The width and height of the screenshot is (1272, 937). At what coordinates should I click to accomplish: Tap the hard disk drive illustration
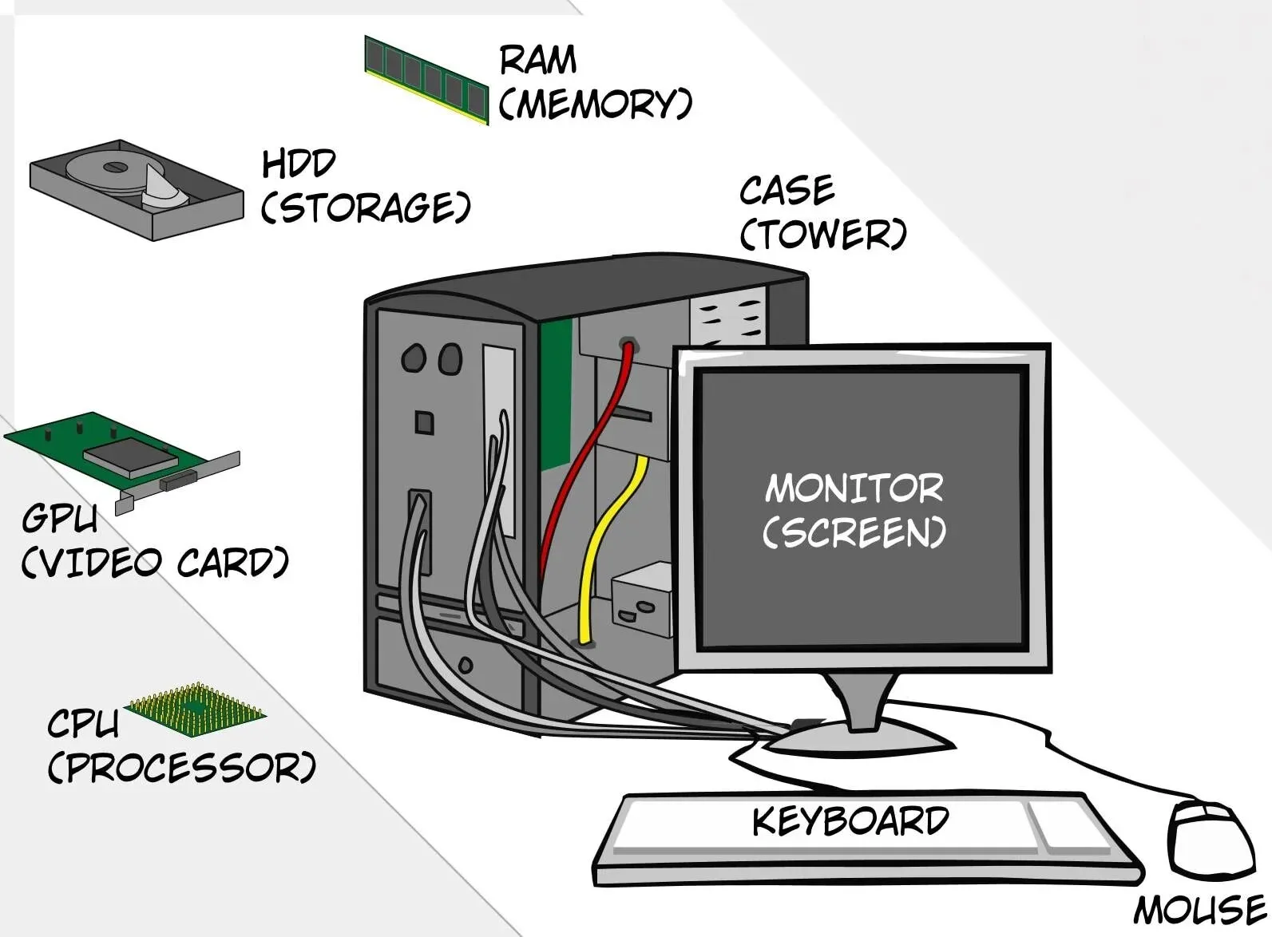pos(136,189)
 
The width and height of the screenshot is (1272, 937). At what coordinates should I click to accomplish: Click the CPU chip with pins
pos(196,709)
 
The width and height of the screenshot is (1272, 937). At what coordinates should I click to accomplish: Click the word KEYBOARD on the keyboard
pos(850,821)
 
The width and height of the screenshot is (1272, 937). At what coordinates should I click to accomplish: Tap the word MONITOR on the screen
pos(854,488)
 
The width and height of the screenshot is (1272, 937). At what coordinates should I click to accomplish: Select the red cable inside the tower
pos(591,447)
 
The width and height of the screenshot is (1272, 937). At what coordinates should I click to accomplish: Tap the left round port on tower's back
pos(413,358)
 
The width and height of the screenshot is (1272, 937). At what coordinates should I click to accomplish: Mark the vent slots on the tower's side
pos(728,319)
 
